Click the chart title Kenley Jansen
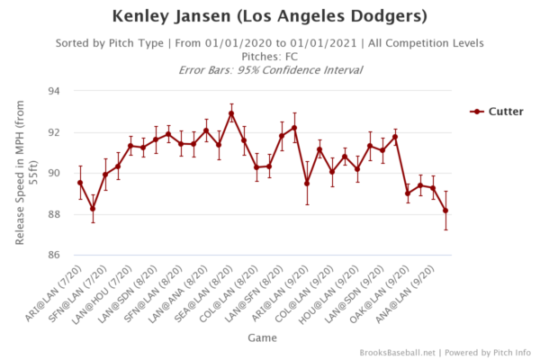tap(269, 16)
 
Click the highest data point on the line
tap(231, 113)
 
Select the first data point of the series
tap(80, 183)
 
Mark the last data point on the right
tap(445, 211)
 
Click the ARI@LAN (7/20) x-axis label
tap(56, 290)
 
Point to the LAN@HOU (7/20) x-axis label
tap(106, 290)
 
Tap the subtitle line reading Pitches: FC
tap(269, 56)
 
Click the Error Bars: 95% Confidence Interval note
tap(269, 69)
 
